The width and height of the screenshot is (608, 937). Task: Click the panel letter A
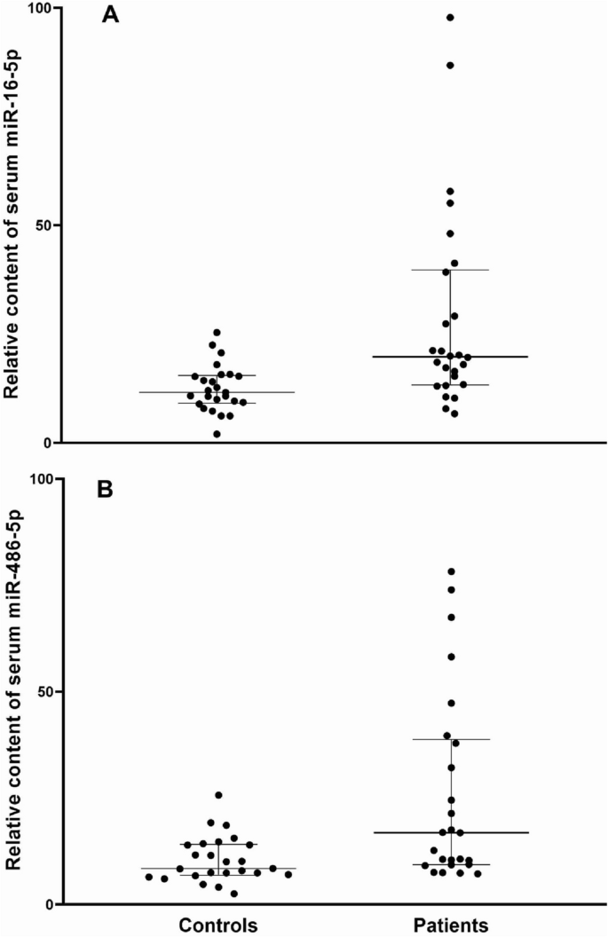[x=111, y=15]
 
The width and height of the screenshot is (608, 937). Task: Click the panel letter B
[x=105, y=490]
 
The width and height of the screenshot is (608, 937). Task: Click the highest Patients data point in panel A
[x=450, y=17]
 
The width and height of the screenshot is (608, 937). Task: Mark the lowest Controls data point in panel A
[x=217, y=434]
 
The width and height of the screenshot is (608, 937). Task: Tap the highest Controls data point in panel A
[x=217, y=333]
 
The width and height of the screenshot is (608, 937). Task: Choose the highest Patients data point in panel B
[x=451, y=571]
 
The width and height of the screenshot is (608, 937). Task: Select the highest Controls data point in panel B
[x=218, y=795]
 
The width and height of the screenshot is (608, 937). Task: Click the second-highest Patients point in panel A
[x=450, y=65]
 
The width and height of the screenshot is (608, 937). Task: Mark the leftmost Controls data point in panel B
[x=149, y=877]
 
